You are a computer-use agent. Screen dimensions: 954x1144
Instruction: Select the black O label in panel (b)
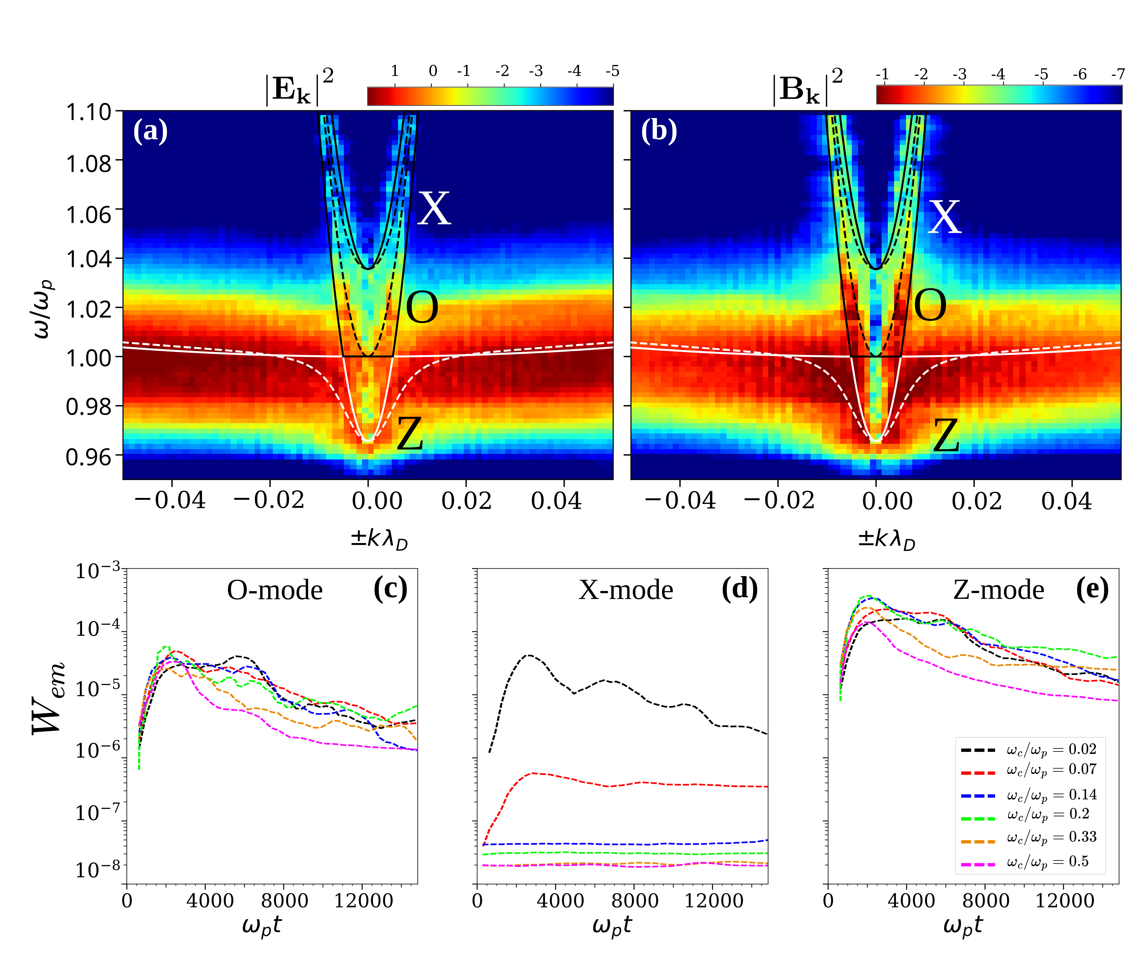[x=930, y=306]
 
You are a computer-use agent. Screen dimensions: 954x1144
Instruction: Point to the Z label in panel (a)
[x=410, y=434]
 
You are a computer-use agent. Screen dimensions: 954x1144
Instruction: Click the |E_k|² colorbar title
[x=300, y=87]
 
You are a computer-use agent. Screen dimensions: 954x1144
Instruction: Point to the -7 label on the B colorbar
[x=1118, y=74]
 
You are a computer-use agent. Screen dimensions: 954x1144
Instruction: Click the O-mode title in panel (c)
[x=275, y=590]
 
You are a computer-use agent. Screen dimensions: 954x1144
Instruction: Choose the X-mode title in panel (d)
[x=626, y=590]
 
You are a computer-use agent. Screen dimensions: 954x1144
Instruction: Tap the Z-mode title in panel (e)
[x=999, y=590]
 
